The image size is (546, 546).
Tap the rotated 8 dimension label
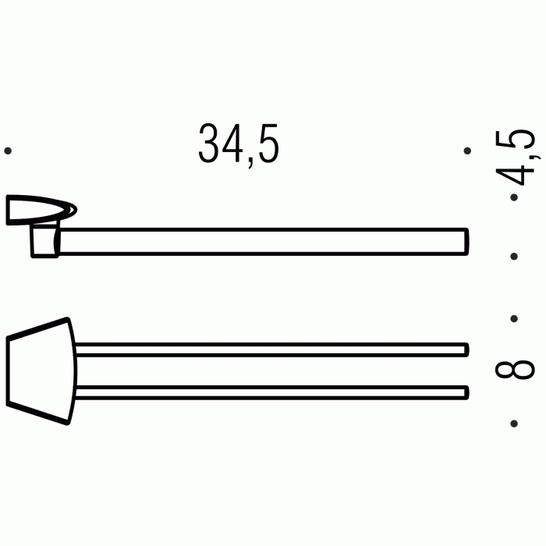tap(515, 370)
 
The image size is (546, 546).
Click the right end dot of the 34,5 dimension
tap(467, 151)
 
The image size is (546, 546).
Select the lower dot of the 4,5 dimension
tap(513, 256)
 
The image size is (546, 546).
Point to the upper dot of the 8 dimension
tap(513, 318)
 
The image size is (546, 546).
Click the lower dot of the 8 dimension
tap(513, 424)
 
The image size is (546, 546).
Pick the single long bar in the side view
tap(265, 241)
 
